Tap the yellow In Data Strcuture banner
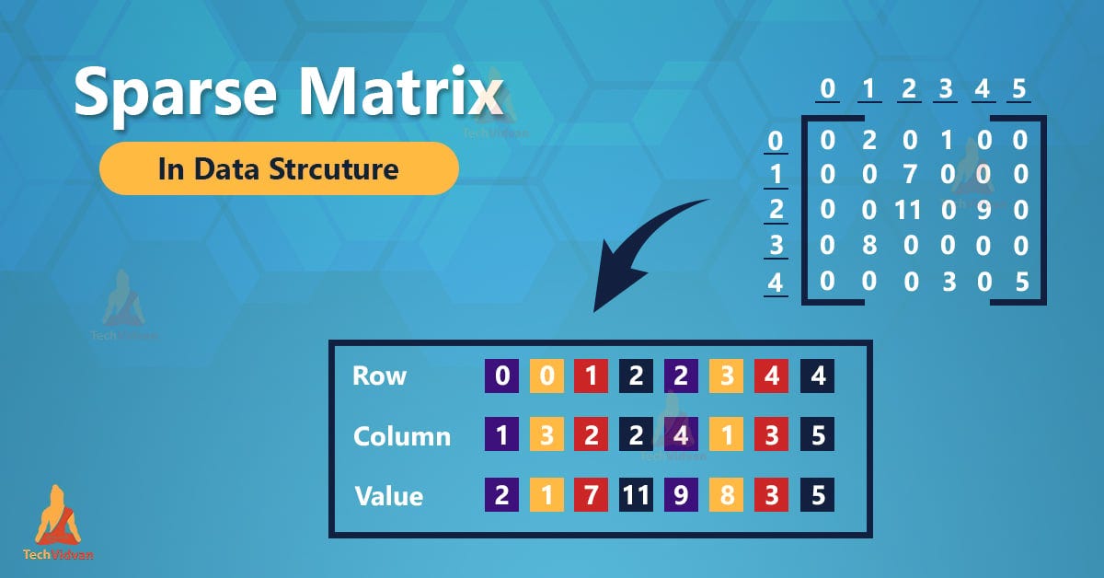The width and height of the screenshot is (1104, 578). pos(278,168)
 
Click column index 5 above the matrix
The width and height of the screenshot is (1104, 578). pos(1018,90)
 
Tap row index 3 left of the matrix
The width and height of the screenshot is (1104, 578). pos(776,247)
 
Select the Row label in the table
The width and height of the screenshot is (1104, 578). pos(378,376)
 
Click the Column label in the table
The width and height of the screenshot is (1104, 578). pos(401,435)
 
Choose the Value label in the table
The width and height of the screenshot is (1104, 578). pos(388,496)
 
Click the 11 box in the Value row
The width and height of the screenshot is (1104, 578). pos(636,496)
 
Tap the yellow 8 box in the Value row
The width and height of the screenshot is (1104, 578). pos(726,496)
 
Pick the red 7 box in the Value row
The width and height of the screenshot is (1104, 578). pos(590,496)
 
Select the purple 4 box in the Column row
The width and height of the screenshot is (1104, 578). pos(681,435)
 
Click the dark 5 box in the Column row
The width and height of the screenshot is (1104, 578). pos(817,435)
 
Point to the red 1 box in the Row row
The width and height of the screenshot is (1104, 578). pos(590,376)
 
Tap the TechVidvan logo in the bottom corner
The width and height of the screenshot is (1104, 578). pos(58,525)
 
